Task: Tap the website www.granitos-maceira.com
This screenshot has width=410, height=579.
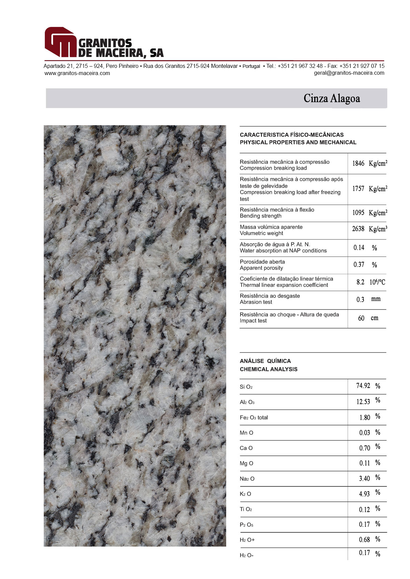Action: point(77,73)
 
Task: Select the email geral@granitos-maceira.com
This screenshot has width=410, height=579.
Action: point(349,73)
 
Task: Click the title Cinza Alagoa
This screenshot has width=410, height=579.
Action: point(332,98)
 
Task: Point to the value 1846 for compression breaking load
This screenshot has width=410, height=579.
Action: point(358,163)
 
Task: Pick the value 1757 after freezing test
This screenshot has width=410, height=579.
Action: point(358,188)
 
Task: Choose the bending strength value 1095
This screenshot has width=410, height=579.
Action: point(358,213)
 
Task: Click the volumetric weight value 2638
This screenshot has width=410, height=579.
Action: point(358,229)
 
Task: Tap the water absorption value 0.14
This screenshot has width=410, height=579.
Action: point(359,248)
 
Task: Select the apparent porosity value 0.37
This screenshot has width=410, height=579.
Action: point(359,265)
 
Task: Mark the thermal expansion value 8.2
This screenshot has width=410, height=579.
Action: point(360,282)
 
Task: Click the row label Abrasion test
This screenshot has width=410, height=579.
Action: point(256,302)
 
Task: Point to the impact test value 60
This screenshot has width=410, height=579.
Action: point(361,318)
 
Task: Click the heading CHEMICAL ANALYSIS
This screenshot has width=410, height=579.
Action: point(269,369)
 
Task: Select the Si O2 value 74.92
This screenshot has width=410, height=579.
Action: point(363,386)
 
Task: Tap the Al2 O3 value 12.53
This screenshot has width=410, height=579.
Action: point(363,402)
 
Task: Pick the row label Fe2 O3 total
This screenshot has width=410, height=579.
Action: point(254,418)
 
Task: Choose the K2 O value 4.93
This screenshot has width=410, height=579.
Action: point(364,494)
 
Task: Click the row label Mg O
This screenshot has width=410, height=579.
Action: point(246,463)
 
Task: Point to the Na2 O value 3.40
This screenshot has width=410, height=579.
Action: point(364,479)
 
